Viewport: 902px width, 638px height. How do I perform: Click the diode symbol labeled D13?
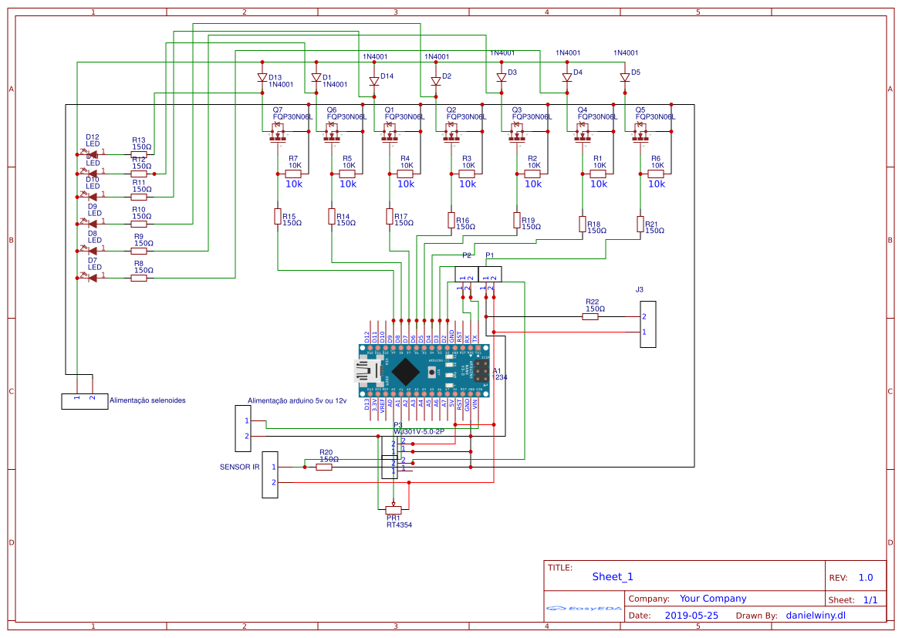pyautogui.click(x=262, y=77)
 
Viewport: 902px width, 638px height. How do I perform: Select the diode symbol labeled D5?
pyautogui.click(x=625, y=77)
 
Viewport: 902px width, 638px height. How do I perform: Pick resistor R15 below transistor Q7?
pyautogui.click(x=278, y=217)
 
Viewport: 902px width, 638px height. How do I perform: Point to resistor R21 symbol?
pyautogui.click(x=640, y=224)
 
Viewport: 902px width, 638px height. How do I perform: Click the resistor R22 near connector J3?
pyautogui.click(x=591, y=316)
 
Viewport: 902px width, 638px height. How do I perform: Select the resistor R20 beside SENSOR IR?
pyautogui.click(x=325, y=467)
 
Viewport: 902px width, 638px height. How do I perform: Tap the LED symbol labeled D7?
pyautogui.click(x=92, y=278)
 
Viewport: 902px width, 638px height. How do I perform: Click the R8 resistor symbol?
pyautogui.click(x=139, y=278)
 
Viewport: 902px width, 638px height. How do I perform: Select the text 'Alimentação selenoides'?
pyautogui.click(x=147, y=400)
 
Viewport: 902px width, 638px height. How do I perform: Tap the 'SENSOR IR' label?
pyautogui.click(x=239, y=467)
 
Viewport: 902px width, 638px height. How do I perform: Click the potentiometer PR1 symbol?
pyautogui.click(x=394, y=509)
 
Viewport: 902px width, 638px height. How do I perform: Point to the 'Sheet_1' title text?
pyautogui.click(x=613, y=576)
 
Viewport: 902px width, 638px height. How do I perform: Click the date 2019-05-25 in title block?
pyautogui.click(x=691, y=616)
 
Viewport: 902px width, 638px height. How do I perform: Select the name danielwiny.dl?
pyautogui.click(x=816, y=616)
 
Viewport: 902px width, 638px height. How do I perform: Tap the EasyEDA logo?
pyautogui.click(x=584, y=609)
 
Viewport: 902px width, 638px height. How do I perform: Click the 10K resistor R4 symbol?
pyautogui.click(x=405, y=174)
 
